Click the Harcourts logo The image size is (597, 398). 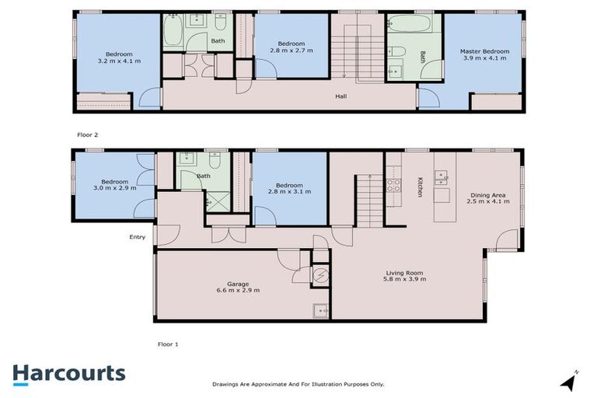[68, 373]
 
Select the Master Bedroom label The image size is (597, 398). [484, 55]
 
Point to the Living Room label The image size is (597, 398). [404, 275]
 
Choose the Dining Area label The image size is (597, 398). [489, 197]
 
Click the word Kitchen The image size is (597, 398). [421, 187]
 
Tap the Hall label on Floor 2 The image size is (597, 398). [340, 96]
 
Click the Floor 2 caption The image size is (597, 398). [88, 134]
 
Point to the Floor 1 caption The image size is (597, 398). [169, 342]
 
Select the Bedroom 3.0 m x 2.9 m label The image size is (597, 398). [115, 183]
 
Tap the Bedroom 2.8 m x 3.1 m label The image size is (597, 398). [289, 187]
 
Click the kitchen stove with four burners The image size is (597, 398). [393, 186]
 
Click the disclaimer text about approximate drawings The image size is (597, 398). [298, 384]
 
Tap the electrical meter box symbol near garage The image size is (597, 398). [320, 274]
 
